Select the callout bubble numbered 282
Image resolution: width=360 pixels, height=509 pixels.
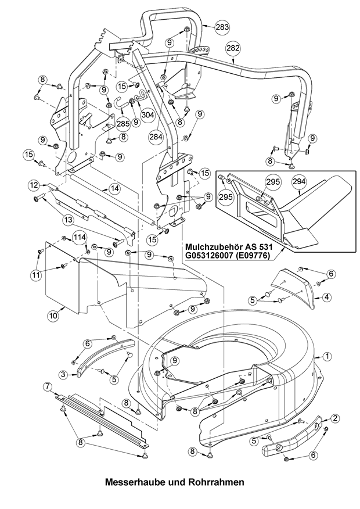(x=232, y=48)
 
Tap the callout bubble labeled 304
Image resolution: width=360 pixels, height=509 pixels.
(x=147, y=114)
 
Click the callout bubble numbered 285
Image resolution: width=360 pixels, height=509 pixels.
(x=123, y=123)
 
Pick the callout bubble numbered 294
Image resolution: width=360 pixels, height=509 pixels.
(x=298, y=182)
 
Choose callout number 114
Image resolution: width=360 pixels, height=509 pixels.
(x=79, y=236)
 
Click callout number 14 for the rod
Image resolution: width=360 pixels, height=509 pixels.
(x=114, y=188)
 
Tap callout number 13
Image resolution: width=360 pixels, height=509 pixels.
(x=68, y=220)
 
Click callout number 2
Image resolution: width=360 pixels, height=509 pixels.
(x=336, y=418)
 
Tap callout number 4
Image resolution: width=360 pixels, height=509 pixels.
(x=327, y=297)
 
